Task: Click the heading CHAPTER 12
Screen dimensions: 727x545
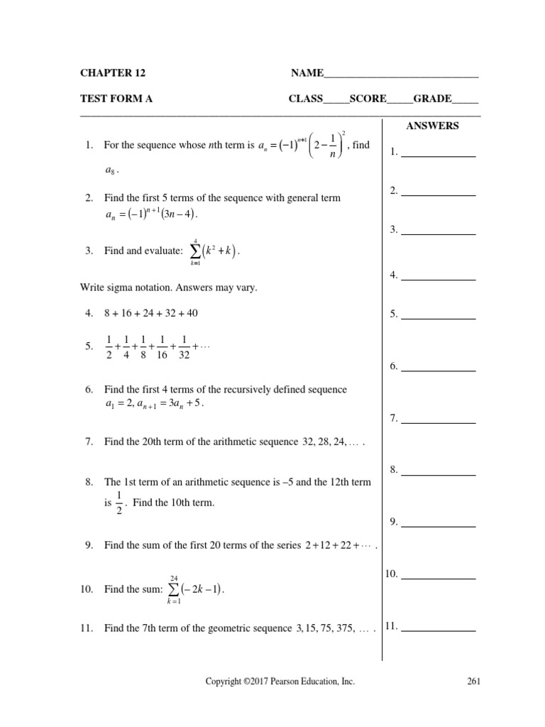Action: [113, 73]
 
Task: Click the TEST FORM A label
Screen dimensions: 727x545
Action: [116, 99]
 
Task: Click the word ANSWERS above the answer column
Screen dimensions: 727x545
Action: [432, 126]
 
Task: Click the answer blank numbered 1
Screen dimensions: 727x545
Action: [438, 152]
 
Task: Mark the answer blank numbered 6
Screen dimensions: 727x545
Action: [438, 366]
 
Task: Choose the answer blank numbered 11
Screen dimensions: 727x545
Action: [438, 626]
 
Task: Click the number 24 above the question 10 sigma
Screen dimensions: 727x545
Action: [174, 577]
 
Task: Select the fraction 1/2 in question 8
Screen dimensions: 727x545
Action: [119, 503]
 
